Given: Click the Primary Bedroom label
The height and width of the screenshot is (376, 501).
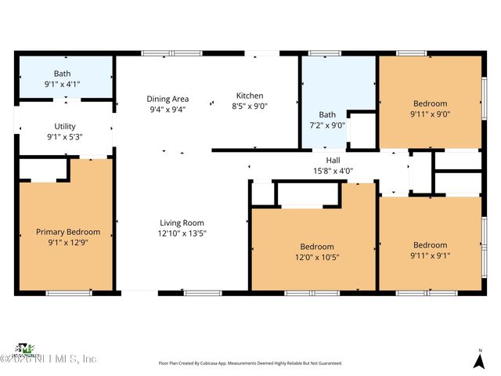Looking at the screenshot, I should [x=68, y=232].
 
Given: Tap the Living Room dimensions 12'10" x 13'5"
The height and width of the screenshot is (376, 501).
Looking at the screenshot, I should [x=182, y=233].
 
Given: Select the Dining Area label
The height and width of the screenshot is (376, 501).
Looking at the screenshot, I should [x=168, y=99].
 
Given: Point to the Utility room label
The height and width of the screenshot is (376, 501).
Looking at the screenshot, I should [x=65, y=126].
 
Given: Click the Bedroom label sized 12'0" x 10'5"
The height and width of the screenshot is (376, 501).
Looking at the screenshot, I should [x=317, y=247].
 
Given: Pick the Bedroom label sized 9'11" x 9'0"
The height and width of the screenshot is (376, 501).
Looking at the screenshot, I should [x=430, y=103].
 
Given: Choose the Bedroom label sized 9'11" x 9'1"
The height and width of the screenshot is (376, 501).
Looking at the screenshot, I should [x=430, y=244].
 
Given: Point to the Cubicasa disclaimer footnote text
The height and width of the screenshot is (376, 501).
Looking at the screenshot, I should [x=250, y=363].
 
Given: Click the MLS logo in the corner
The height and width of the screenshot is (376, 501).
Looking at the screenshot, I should [x=26, y=349].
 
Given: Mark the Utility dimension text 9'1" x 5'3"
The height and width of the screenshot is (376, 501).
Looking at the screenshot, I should [x=65, y=137].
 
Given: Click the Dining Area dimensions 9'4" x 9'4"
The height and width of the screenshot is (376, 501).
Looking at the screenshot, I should [x=168, y=110].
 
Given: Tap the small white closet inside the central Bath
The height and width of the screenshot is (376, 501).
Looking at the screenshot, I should [x=362, y=131].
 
